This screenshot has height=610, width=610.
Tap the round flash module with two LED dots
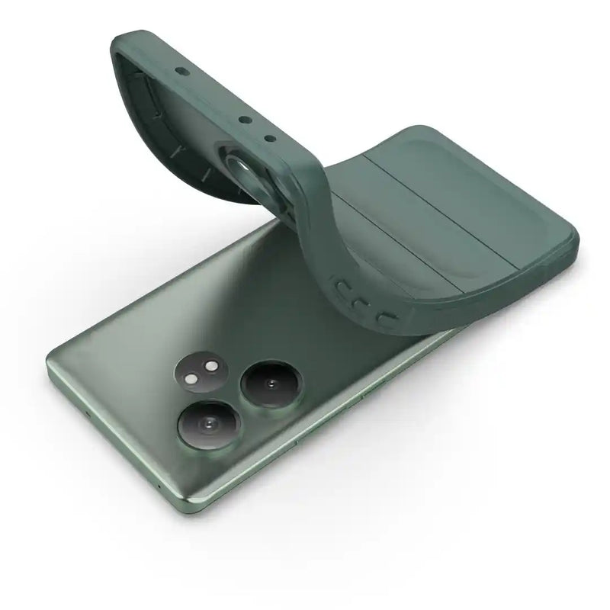pos(199,374)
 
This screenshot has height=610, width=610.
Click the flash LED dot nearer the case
pos(210,368)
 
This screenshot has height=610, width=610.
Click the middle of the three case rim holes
pos(243,119)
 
